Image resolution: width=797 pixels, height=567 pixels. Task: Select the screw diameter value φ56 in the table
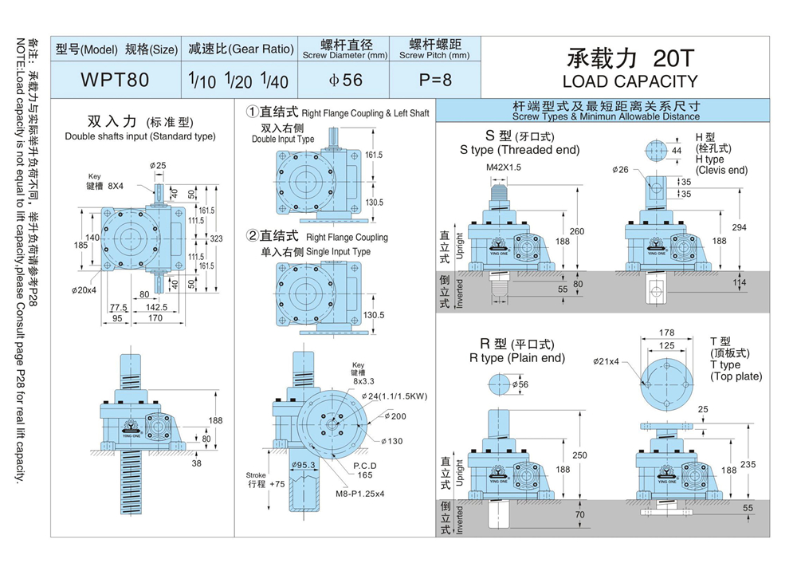[344, 81]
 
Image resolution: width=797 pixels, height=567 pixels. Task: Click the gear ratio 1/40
[274, 81]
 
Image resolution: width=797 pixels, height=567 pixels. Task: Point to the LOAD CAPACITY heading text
[629, 81]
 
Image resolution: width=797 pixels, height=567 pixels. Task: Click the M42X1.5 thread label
[504, 167]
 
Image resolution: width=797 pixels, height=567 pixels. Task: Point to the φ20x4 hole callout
[83, 289]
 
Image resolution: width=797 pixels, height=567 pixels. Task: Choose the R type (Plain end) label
[517, 357]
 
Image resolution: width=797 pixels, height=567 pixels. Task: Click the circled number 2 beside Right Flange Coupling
[253, 237]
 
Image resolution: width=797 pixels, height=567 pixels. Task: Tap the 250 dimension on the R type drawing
[581, 455]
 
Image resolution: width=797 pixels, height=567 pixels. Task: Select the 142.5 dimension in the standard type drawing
[156, 306]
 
